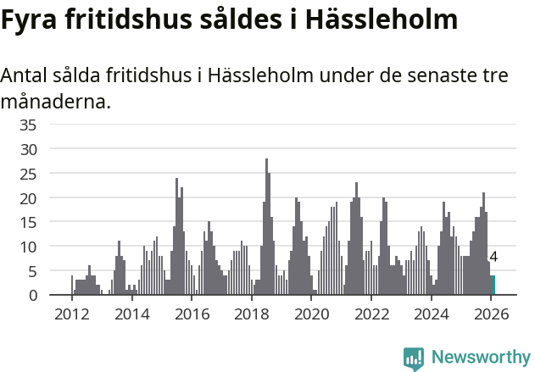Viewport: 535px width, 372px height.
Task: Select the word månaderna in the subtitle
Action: (x=54, y=103)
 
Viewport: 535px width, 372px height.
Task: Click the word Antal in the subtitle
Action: (x=26, y=75)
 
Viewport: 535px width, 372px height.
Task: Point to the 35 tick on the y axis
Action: (x=28, y=125)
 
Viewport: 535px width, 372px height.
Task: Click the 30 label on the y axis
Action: (x=28, y=149)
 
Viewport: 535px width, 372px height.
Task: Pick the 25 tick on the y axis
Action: (x=28, y=174)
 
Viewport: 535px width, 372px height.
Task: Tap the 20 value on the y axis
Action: (x=28, y=198)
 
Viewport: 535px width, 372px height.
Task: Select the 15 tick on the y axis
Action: (x=28, y=223)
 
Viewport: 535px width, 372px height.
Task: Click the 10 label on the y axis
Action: (x=28, y=247)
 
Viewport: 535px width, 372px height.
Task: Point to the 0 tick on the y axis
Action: (x=32, y=296)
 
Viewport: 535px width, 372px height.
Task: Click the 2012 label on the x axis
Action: (x=71, y=314)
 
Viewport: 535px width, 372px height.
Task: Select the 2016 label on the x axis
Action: (x=192, y=314)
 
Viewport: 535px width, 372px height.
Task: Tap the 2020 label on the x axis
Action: (x=312, y=314)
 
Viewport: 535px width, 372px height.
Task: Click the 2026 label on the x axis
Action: (x=492, y=314)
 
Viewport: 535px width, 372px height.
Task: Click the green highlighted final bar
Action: (x=493, y=286)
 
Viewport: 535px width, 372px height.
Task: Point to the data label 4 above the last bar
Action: (x=493, y=258)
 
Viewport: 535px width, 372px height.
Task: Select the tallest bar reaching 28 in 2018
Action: (x=266, y=227)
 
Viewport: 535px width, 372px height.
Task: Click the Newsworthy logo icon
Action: (x=414, y=358)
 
